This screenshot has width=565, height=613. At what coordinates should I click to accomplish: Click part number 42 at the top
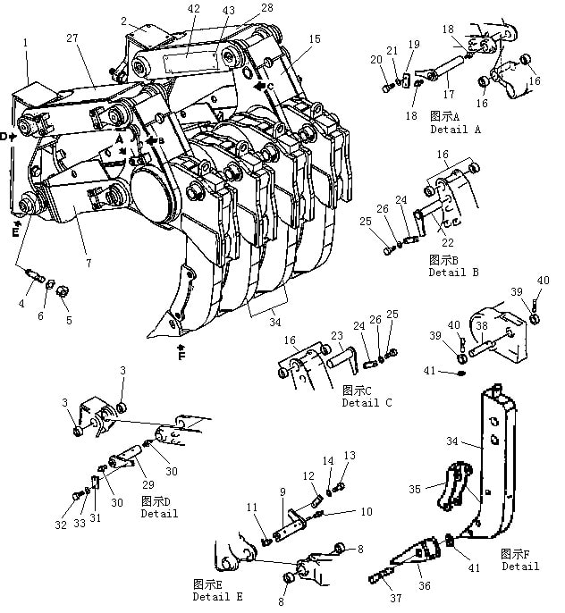click(193, 9)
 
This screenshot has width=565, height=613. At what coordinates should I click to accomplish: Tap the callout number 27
click(72, 38)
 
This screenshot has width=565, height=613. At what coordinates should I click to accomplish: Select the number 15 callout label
click(315, 39)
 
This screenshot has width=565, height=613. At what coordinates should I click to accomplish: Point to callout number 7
click(89, 263)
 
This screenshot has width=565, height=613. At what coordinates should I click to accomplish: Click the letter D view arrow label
click(4, 137)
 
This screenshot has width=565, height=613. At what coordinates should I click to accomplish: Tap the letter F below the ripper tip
click(181, 357)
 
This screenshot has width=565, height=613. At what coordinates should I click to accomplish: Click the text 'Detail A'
click(456, 130)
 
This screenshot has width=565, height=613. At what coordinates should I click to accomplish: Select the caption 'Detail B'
click(453, 272)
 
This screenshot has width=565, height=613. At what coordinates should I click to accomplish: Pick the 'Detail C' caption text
click(367, 403)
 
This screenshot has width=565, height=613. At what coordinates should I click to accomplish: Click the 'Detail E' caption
click(218, 597)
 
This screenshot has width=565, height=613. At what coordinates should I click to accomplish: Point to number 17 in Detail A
click(449, 94)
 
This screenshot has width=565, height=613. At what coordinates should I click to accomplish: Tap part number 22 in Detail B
click(448, 242)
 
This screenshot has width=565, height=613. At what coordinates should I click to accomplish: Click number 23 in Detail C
click(337, 336)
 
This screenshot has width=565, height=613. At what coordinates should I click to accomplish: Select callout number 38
click(482, 325)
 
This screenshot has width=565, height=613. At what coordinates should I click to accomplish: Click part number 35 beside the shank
click(415, 489)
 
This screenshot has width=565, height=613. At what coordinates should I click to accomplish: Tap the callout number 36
click(425, 585)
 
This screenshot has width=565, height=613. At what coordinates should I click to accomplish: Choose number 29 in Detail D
click(148, 484)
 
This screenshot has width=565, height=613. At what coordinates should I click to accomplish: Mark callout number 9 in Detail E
click(282, 492)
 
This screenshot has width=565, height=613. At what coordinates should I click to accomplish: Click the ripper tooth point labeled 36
click(415, 552)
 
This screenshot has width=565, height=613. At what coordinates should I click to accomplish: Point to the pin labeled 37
click(380, 576)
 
